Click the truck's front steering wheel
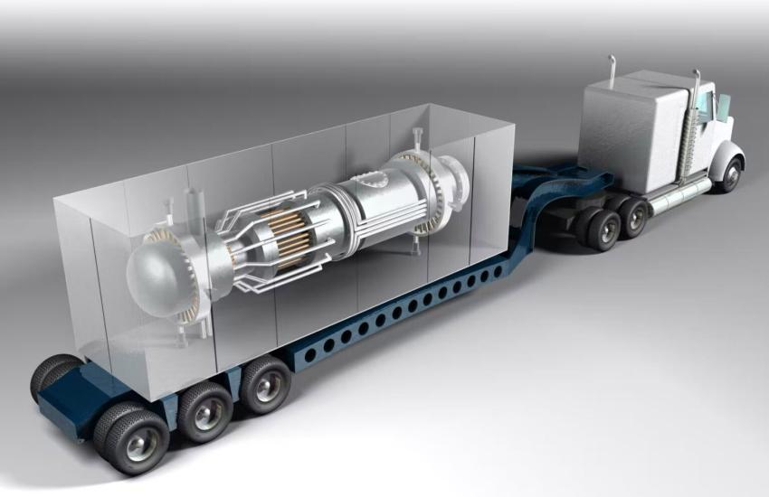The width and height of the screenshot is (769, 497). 729,175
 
